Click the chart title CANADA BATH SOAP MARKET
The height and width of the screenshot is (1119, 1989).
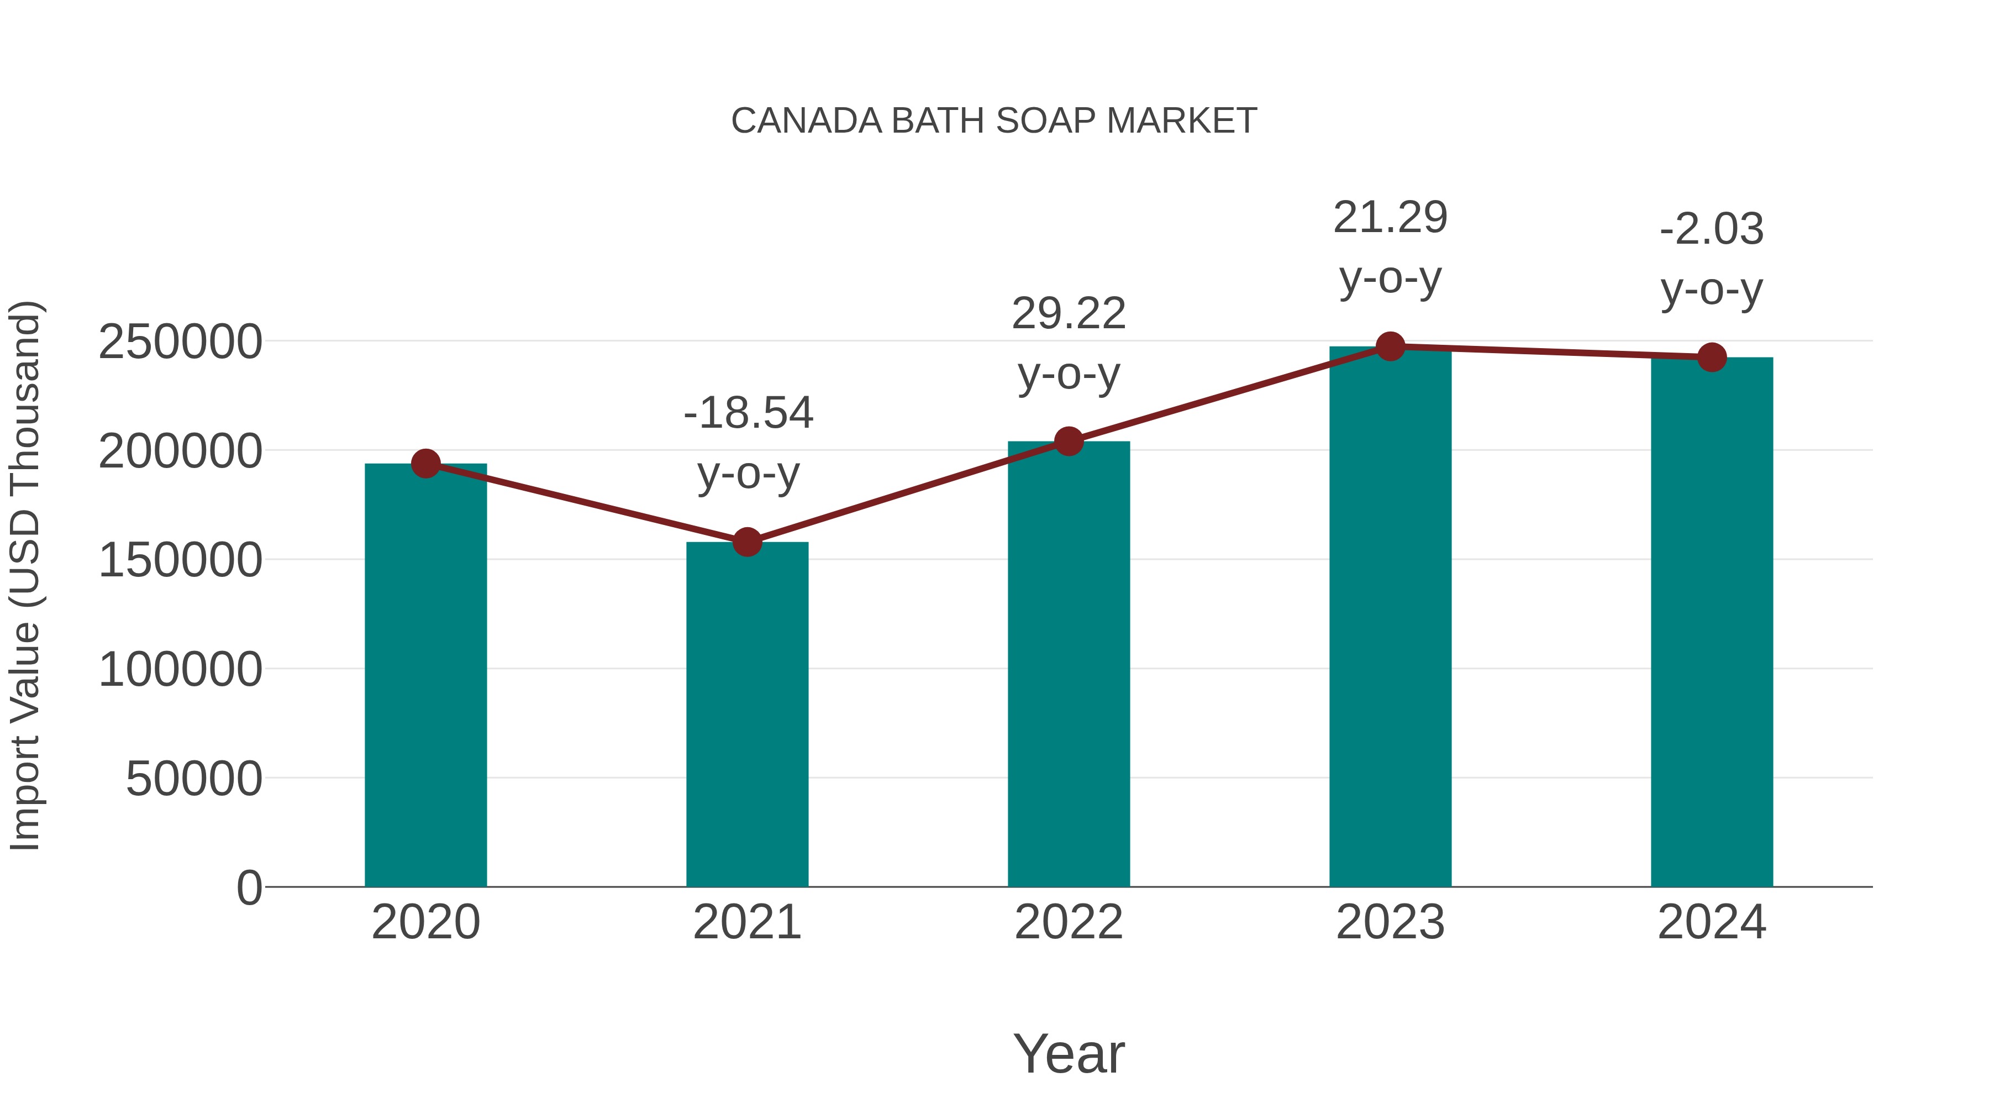(x=994, y=121)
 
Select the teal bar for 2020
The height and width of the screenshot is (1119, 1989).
(x=425, y=676)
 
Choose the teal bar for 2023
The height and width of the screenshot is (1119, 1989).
(x=1390, y=618)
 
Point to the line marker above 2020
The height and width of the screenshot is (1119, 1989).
(x=425, y=464)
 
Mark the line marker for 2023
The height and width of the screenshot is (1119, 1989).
(x=1390, y=346)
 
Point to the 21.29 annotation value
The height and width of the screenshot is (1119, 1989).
(x=1390, y=218)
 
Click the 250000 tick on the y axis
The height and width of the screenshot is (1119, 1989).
(x=180, y=342)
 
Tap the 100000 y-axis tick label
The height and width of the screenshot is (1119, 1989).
(x=180, y=670)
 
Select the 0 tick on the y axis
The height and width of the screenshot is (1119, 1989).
(x=249, y=888)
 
